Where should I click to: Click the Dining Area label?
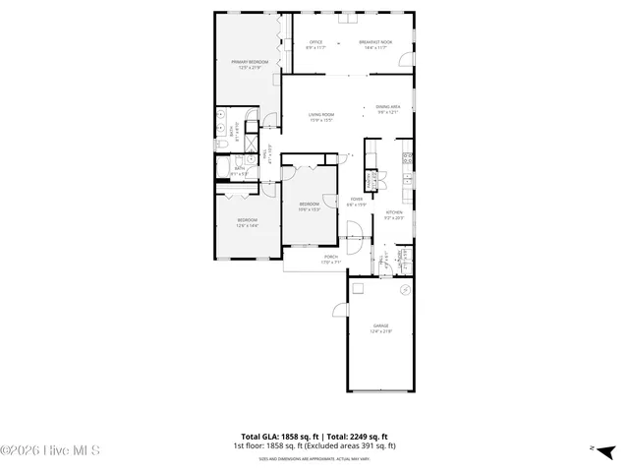pos(387,109)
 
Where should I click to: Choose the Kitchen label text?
pos(394,214)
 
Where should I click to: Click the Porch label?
pos(330,259)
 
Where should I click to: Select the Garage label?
pos(380,327)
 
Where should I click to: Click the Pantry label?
pos(372,181)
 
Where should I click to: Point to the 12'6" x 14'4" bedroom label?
pos(246,222)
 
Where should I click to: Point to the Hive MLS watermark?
pos(51,451)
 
